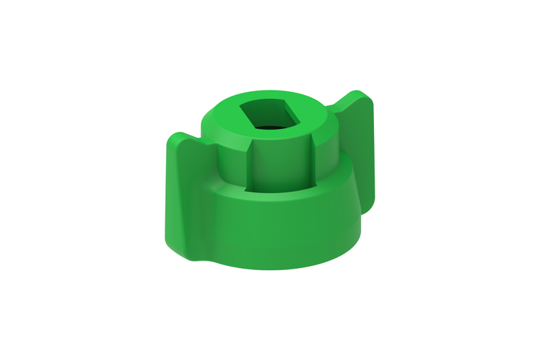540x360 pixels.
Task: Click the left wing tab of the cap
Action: pos(184,196)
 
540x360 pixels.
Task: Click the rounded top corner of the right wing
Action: pos(364,97)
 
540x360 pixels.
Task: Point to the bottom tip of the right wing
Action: pos(368,207)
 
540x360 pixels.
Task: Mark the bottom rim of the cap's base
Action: pos(283,267)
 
